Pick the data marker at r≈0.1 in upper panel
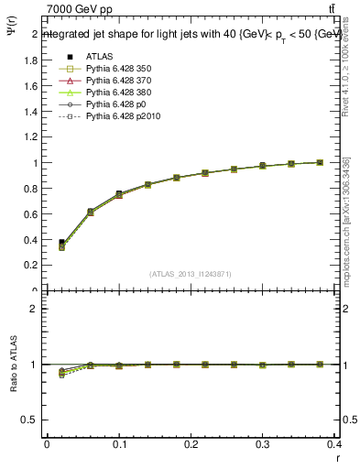119,194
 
